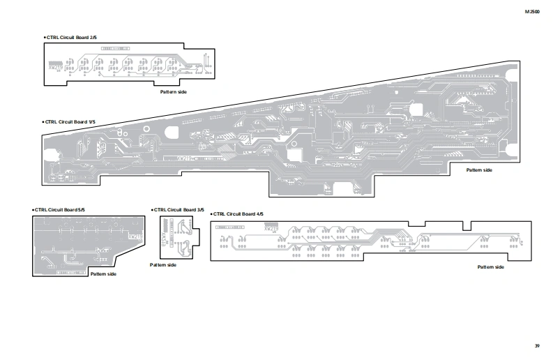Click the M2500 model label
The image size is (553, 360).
coord(532,12)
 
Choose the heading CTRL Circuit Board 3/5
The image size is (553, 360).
coord(179,209)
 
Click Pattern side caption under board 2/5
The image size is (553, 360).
coord(174,92)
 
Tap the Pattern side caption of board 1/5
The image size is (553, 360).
coord(479,170)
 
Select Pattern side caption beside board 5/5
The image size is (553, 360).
coord(103,274)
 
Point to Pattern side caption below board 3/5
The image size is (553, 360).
coord(163,265)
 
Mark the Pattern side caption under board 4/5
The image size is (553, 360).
coord(490,267)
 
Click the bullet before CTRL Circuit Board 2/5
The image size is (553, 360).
coord(44,36)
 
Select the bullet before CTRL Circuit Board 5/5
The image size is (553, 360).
coord(33,209)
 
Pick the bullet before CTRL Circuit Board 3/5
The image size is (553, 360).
coord(152,209)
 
